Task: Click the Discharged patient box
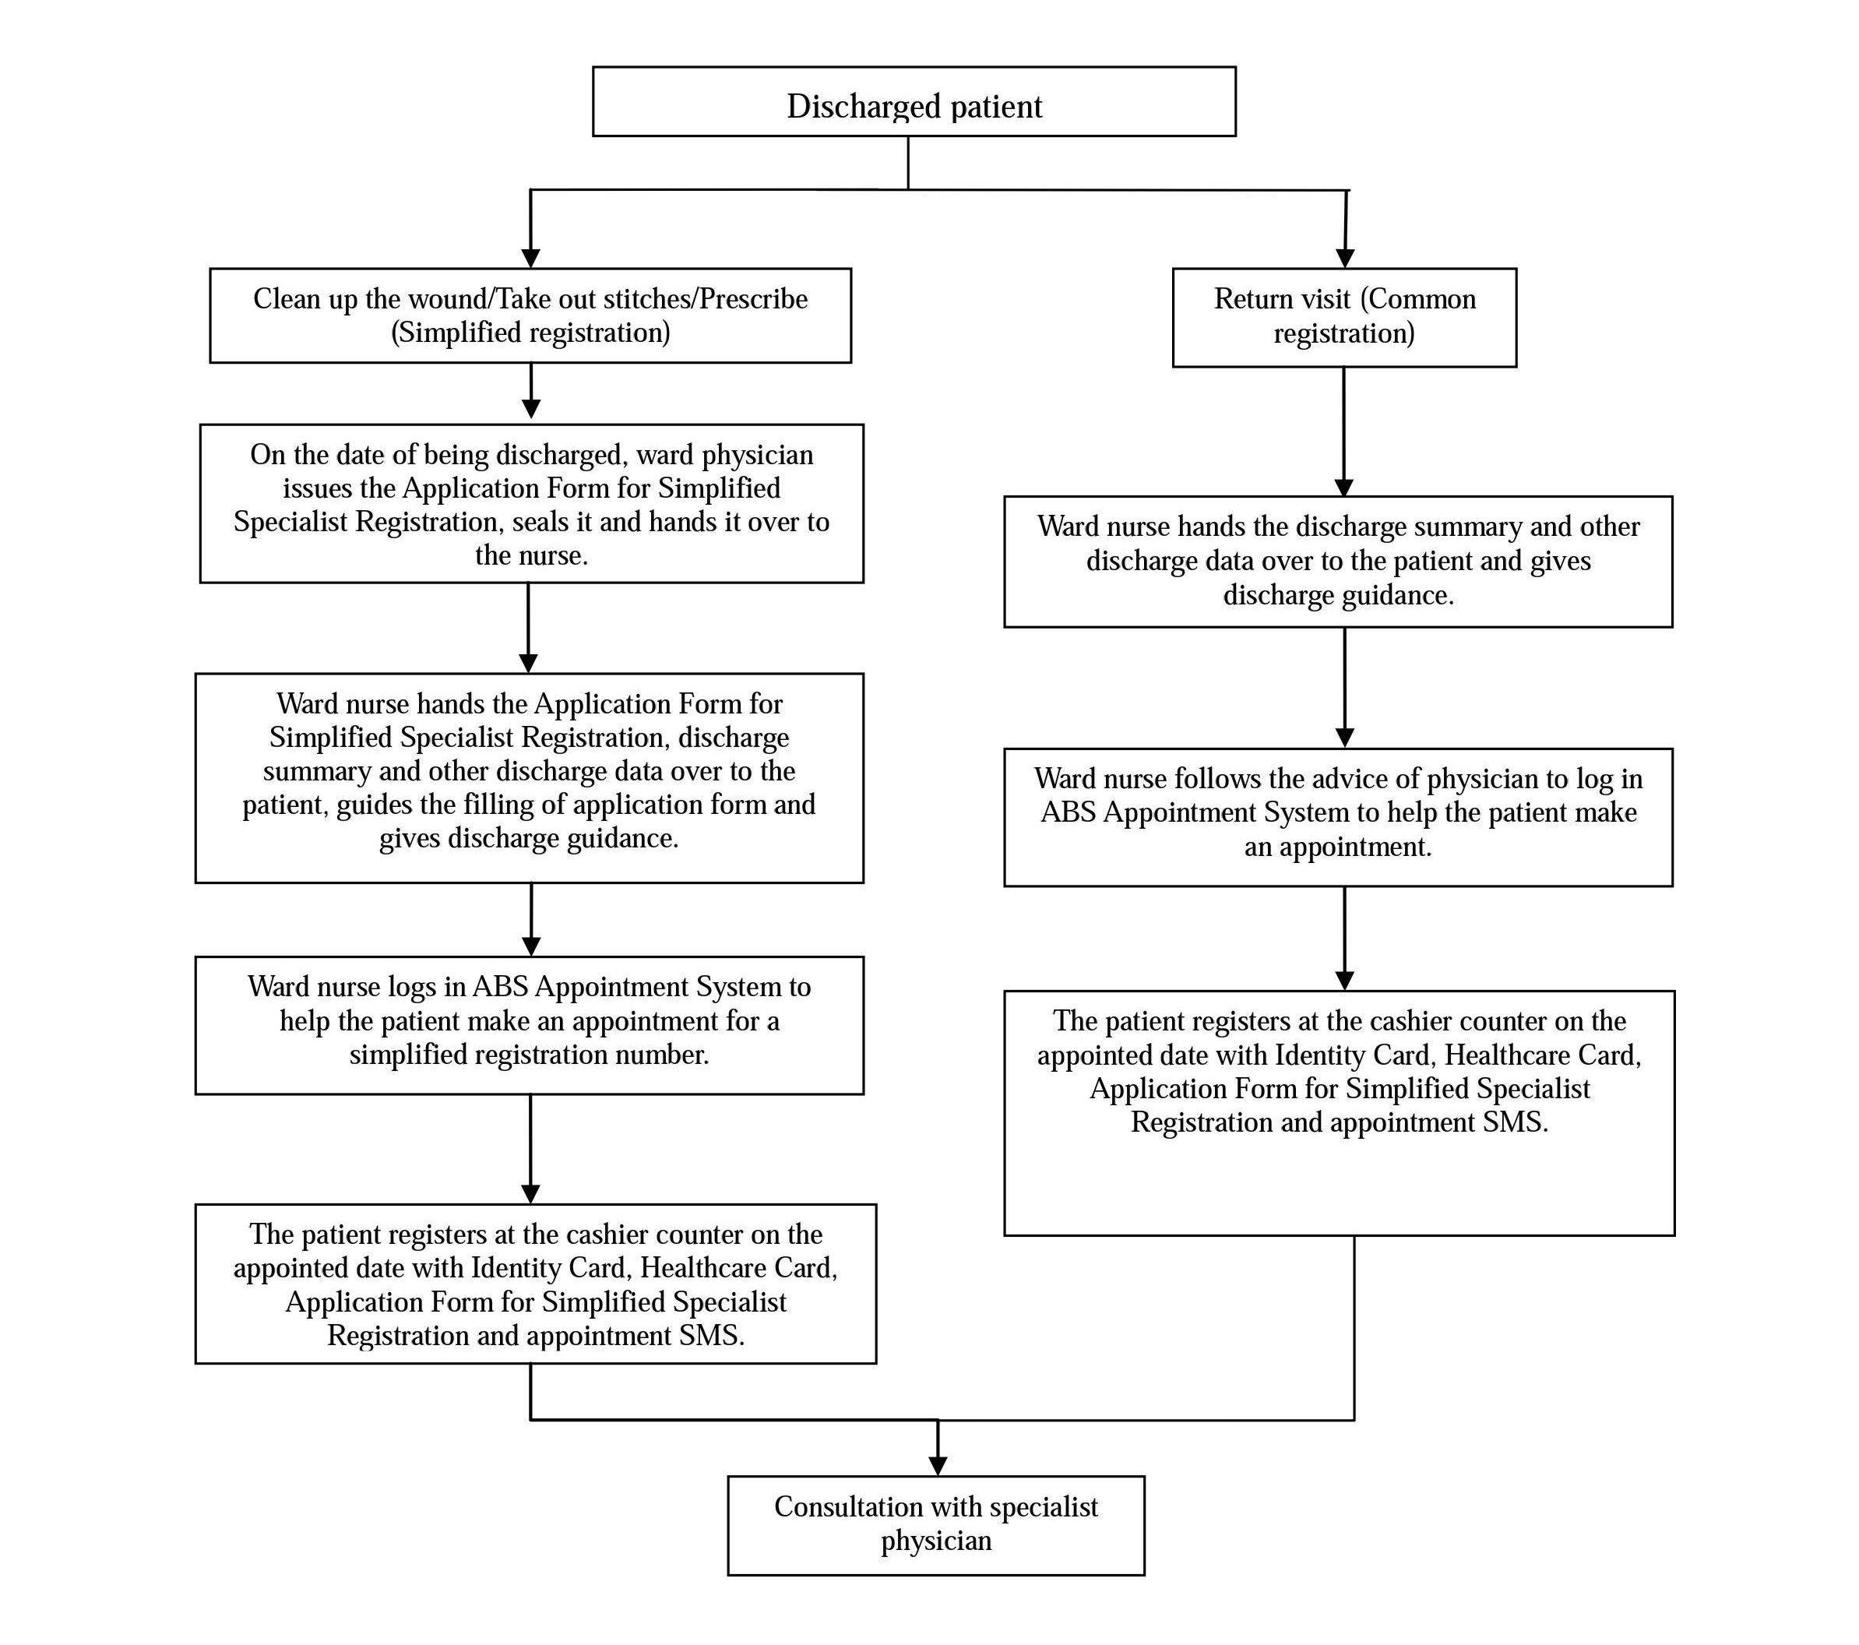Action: coord(914,102)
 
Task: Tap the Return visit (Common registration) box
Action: coord(1344,317)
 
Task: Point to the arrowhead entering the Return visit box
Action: coord(1345,259)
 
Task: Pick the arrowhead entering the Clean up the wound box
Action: coord(531,259)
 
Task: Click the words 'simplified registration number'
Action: coord(530,1055)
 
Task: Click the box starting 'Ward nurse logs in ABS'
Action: coord(530,1025)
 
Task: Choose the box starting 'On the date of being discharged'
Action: coord(531,503)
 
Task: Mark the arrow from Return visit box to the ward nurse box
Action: coord(1344,432)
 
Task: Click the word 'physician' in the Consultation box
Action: coord(936,1541)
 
